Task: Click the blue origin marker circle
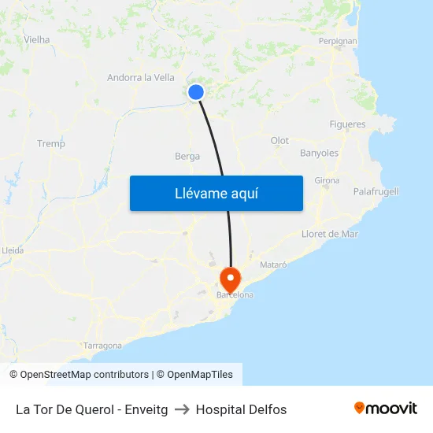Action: [x=196, y=92]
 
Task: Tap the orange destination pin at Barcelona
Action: [x=231, y=279]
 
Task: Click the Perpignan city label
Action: [x=338, y=40]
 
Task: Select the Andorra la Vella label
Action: [x=141, y=77]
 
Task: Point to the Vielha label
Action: [x=37, y=39]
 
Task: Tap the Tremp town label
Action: [x=51, y=143]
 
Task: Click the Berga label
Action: [x=187, y=156]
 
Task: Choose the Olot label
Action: [x=279, y=140]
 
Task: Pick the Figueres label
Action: [x=347, y=124]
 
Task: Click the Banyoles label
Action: [x=320, y=153]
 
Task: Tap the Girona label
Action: [x=327, y=180]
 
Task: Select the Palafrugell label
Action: [x=376, y=191]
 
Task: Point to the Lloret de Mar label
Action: [x=330, y=234]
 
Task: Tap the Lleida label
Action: [x=13, y=250]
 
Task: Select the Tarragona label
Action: [x=102, y=346]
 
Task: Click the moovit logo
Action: [x=386, y=409]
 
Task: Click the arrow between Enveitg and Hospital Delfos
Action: [x=182, y=409]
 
